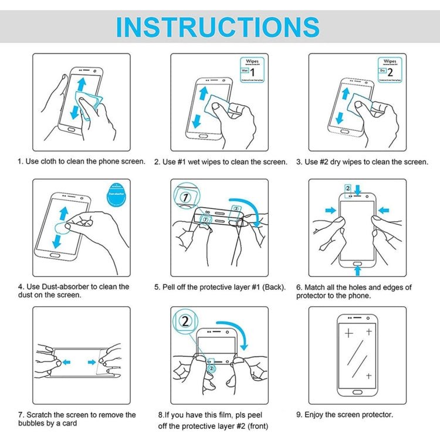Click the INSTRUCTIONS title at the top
(218, 27)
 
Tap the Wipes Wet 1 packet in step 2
(249, 69)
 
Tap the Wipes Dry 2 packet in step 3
(388, 69)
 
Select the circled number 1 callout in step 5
(186, 198)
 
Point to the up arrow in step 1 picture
(79, 82)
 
